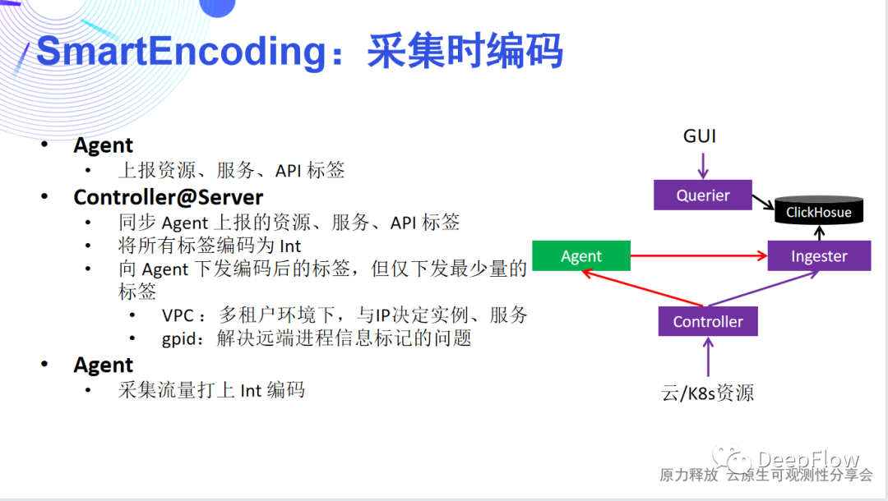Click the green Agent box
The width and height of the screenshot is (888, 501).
[x=581, y=256]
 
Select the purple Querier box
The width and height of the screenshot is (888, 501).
[x=703, y=195]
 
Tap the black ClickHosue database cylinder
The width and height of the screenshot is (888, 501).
[x=819, y=212]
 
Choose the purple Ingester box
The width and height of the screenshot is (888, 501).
[x=819, y=256]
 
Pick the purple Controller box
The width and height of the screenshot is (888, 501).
[x=708, y=321]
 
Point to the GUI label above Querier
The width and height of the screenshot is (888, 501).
[x=701, y=136]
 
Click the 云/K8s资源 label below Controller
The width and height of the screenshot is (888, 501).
[x=708, y=393]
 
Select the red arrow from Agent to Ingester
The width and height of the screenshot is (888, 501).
[x=699, y=256]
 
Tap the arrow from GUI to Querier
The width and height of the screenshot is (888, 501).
[x=702, y=164]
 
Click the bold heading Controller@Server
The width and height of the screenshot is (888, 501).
[x=169, y=197]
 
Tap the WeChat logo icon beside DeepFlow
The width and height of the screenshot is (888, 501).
[x=730, y=458]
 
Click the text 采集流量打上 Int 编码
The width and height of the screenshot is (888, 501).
[x=211, y=389]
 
